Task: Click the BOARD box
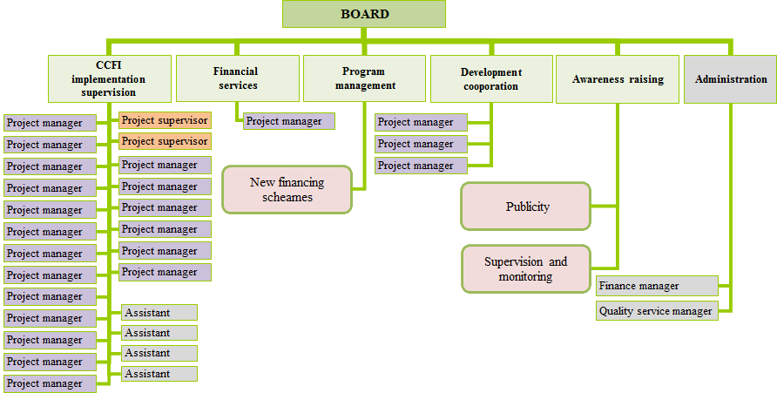[364, 14]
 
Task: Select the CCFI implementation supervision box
[109, 78]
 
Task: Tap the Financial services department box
[236, 78]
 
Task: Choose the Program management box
[363, 78]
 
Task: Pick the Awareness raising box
[618, 79]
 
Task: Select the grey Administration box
[731, 79]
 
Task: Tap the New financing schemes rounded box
[287, 189]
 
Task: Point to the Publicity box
[527, 207]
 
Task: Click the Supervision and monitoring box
[525, 268]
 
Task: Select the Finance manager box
[657, 286]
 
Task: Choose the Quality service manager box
[657, 311]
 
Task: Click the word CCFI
[109, 65]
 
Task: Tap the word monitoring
[525, 276]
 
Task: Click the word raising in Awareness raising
[645, 79]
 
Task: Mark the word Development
[491, 72]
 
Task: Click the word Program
[363, 71]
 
